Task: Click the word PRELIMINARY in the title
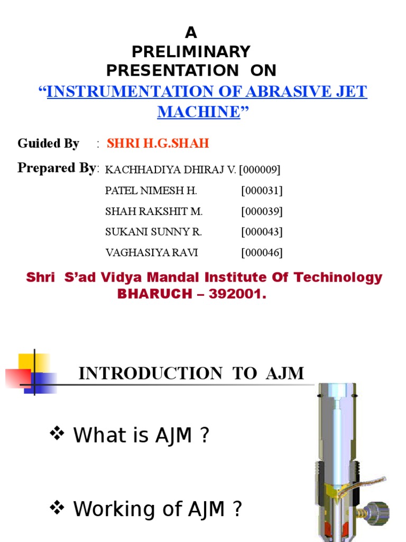tap(191, 52)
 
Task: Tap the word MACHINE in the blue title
tap(199, 112)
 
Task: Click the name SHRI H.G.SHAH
tap(158, 143)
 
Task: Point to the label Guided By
tap(48, 143)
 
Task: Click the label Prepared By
tap(57, 168)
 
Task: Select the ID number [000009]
tap(260, 170)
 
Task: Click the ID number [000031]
tap(262, 191)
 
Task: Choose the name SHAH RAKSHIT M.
tap(154, 212)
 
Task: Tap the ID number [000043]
tap(262, 232)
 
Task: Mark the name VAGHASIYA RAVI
tap(152, 252)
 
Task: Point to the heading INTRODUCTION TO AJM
tap(191, 374)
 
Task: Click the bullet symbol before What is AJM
tap(57, 435)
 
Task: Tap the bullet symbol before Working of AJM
tap(57, 508)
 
